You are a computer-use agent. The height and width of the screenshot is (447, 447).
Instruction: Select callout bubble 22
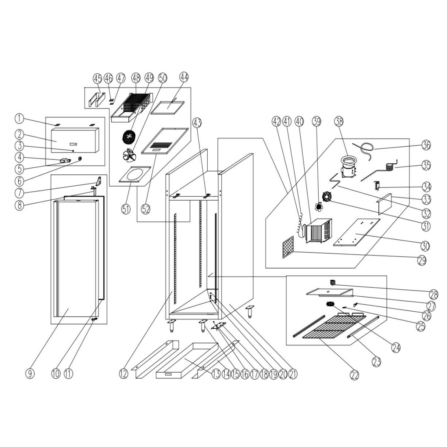(x=354, y=375)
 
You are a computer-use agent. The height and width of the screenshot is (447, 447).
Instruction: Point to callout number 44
(x=184, y=78)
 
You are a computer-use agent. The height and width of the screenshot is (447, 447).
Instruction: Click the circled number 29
(x=421, y=260)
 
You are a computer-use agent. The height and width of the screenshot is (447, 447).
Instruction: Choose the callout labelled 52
(x=146, y=208)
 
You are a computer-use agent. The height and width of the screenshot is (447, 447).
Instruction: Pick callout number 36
(x=426, y=145)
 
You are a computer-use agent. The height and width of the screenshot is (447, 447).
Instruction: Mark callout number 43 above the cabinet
(x=197, y=122)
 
